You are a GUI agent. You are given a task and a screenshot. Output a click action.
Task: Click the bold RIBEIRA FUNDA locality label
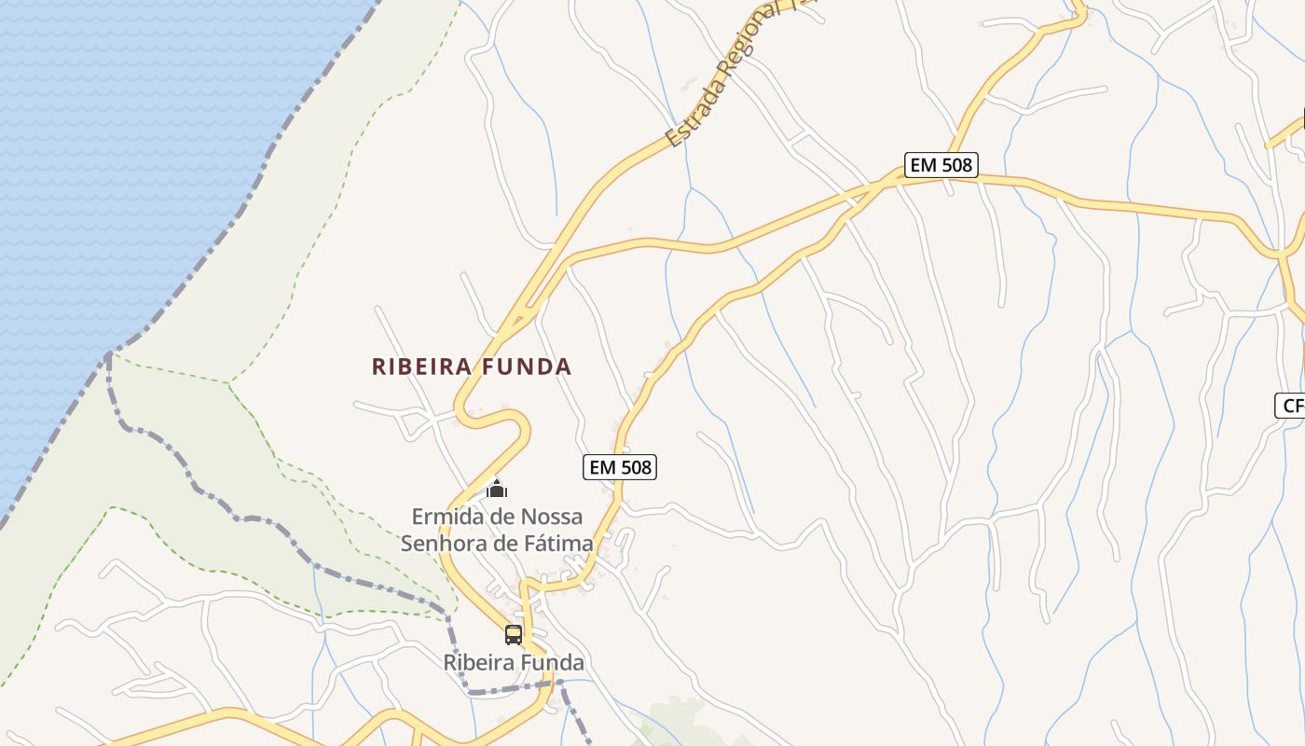(472, 366)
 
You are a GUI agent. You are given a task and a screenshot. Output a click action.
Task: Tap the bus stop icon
(514, 635)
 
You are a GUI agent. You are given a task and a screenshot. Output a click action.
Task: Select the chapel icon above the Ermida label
(498, 489)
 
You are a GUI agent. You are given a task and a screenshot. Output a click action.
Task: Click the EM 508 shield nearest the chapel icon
(620, 467)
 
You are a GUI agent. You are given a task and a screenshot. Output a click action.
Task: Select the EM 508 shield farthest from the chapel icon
(941, 165)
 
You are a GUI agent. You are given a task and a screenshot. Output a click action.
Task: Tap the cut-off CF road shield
(1292, 406)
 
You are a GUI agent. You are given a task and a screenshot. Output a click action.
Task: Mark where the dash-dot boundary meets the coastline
(109, 352)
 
